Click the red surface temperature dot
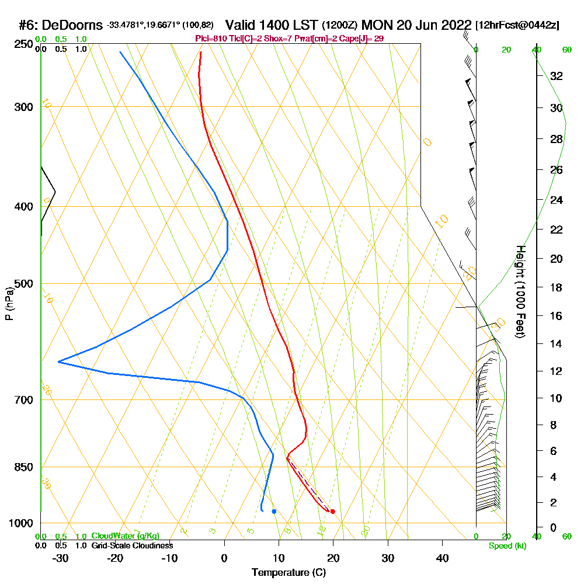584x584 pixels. point(332,512)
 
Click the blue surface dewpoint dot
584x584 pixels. point(274,512)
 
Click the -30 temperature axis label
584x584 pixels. point(61,558)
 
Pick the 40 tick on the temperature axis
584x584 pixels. point(442,558)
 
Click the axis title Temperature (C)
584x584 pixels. point(288,573)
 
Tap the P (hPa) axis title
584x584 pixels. point(9,304)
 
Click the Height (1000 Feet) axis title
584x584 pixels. point(519,292)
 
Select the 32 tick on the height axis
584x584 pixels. point(556,75)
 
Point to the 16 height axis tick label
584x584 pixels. point(556,316)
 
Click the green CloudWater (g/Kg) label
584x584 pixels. point(125,536)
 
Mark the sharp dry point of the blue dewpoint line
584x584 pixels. point(59,362)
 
